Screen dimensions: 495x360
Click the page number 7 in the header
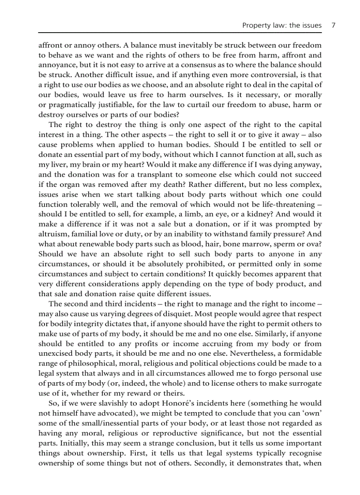point(334,25)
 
